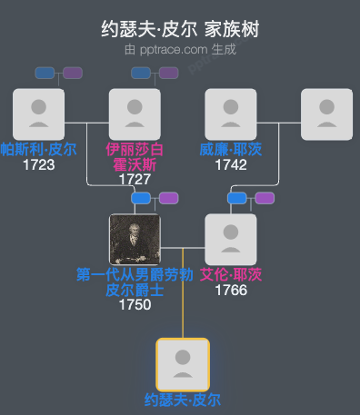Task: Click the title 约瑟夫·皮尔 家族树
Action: (x=180, y=29)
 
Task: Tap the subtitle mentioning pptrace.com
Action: (x=180, y=49)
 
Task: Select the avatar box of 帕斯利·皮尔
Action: (x=38, y=114)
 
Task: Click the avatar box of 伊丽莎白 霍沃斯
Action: (x=135, y=114)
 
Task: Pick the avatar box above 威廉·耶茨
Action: (x=231, y=114)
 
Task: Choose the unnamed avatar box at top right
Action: (x=326, y=114)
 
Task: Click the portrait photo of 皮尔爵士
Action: (x=135, y=240)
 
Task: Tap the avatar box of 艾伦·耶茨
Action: (x=231, y=240)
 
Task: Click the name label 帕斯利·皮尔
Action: (x=38, y=149)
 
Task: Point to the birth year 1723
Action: (x=38, y=165)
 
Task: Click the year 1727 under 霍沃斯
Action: (x=135, y=180)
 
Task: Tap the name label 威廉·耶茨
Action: (x=231, y=149)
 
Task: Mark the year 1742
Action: (x=231, y=165)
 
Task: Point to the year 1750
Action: (x=135, y=305)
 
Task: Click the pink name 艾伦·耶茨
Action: (x=231, y=274)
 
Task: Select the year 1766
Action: (x=231, y=291)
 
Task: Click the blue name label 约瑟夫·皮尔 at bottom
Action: (x=183, y=400)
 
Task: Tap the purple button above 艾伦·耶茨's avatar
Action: (x=265, y=198)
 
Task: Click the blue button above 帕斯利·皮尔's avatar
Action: (x=45, y=73)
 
